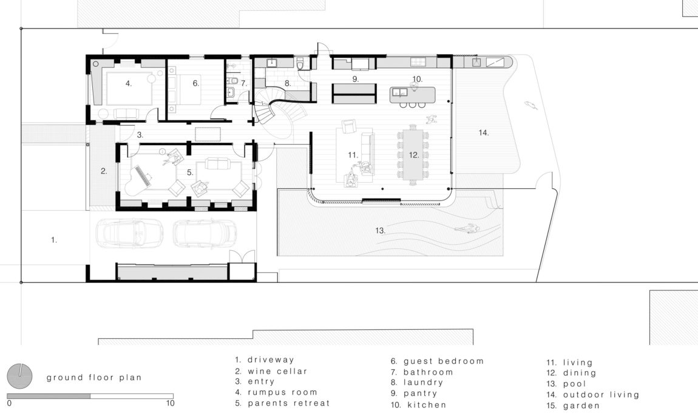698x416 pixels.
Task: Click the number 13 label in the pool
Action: [x=380, y=230]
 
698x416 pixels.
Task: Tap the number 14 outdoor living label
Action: [x=483, y=132]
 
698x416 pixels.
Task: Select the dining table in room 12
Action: [x=413, y=154]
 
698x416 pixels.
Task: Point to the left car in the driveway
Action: [x=129, y=233]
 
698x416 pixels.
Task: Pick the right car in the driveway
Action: [x=205, y=233]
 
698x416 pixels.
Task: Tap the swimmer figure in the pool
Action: [x=467, y=229]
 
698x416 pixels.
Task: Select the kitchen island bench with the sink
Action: [x=412, y=95]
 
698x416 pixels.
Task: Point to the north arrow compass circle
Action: [x=19, y=375]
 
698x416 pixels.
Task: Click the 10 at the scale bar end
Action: [x=170, y=403]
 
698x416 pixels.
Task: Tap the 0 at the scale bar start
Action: [x=9, y=403]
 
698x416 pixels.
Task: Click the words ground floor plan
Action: [x=94, y=378]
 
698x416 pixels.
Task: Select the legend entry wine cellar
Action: [x=271, y=371]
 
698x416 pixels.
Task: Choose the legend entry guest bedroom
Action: [x=437, y=361]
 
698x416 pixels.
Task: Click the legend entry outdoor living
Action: [x=593, y=395]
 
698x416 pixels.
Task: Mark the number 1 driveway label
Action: [x=54, y=240]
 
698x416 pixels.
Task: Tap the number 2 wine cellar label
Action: [x=104, y=171]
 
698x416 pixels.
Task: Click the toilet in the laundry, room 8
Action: [x=300, y=63]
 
